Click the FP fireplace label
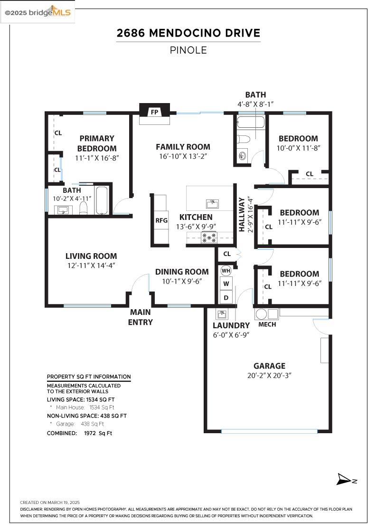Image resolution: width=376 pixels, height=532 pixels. click(154, 113)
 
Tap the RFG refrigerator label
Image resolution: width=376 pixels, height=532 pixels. click(161, 220)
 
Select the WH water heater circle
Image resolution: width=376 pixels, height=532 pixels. click(226, 271)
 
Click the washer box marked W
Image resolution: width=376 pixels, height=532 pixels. click(226, 284)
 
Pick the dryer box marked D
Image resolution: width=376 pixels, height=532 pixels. click(226, 298)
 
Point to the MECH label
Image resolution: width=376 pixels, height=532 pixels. click(267, 324)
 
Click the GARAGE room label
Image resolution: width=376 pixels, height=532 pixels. click(269, 366)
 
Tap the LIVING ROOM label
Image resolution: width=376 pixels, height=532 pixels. click(91, 256)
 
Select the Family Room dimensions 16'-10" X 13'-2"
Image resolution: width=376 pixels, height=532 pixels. click(183, 156)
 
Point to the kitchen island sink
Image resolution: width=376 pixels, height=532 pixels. click(212, 204)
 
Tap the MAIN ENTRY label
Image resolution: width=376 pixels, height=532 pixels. click(141, 317)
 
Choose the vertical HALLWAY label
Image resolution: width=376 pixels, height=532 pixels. click(242, 214)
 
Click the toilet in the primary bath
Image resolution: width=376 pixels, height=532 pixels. click(84, 208)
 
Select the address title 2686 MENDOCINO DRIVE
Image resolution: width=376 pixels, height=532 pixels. click(188, 33)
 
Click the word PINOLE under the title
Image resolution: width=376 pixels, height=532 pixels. click(188, 50)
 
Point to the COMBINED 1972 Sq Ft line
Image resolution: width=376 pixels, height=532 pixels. click(79, 433)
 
